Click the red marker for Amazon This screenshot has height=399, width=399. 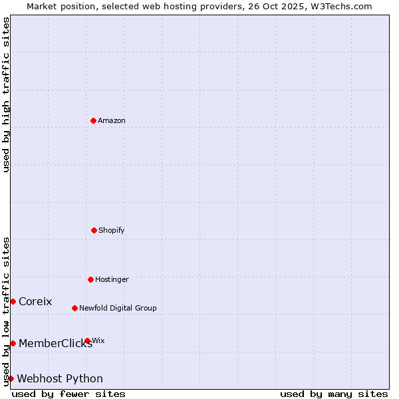93,120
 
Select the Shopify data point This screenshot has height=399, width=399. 94,230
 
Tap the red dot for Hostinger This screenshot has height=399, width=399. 90,279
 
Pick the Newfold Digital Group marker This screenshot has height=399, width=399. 74,308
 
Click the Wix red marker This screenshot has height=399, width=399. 87,340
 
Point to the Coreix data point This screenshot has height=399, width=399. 13,301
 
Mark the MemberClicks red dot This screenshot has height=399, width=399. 13,343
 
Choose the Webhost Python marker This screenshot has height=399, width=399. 11,378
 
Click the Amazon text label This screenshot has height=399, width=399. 112,120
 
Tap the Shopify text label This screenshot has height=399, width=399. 112,230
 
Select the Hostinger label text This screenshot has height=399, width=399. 112,279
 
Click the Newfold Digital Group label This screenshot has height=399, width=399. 118,308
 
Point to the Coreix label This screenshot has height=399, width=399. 35,301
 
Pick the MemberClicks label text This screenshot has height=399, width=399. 55,344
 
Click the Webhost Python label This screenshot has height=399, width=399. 60,379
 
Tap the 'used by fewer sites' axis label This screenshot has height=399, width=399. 68,394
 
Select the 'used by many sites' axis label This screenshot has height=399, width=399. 334,394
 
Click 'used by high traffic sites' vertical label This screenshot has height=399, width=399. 6,94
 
